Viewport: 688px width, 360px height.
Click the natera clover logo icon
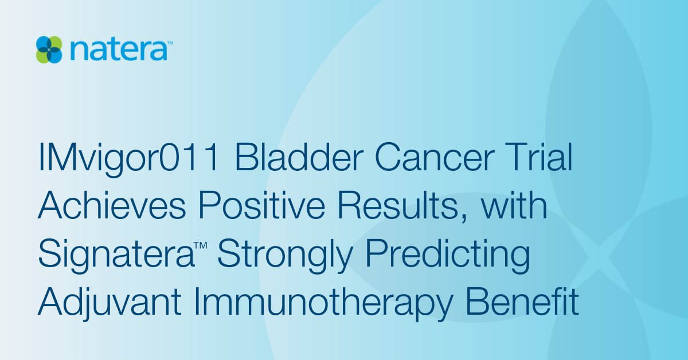49,49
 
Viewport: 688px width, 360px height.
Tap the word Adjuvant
113,304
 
